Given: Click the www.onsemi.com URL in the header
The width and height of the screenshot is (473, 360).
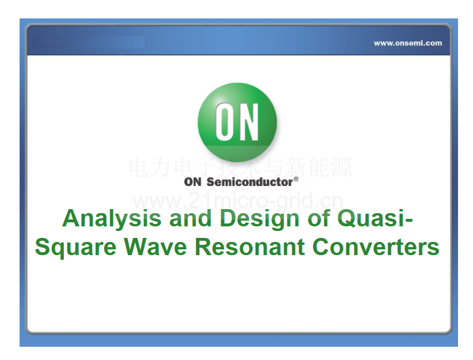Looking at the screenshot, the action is (x=408, y=43).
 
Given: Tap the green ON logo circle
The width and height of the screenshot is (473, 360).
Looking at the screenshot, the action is (x=237, y=123).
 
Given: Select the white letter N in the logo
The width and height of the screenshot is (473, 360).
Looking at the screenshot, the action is (x=248, y=122).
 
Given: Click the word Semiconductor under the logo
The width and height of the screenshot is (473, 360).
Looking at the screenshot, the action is (x=250, y=182).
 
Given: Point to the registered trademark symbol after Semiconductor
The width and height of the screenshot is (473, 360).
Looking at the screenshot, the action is (x=296, y=179).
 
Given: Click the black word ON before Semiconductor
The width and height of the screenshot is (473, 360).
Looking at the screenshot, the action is (x=193, y=182).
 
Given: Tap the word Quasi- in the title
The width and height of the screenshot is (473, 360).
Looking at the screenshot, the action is (x=374, y=218).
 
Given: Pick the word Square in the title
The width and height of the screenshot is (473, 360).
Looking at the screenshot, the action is (x=75, y=248).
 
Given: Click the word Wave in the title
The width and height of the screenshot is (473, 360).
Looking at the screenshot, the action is (x=156, y=247).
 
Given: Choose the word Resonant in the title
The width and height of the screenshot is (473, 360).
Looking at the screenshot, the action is (x=250, y=247).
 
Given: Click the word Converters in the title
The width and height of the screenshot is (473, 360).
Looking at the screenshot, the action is (x=376, y=247).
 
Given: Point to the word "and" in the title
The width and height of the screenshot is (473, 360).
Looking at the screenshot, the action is (x=190, y=218).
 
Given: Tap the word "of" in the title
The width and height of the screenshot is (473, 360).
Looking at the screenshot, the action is (x=318, y=218).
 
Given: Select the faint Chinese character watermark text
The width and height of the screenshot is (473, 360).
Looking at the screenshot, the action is (x=240, y=166).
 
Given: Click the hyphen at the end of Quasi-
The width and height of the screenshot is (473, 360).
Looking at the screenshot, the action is (x=409, y=220).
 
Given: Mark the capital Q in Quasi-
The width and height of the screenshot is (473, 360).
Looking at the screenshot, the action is (x=347, y=218).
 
